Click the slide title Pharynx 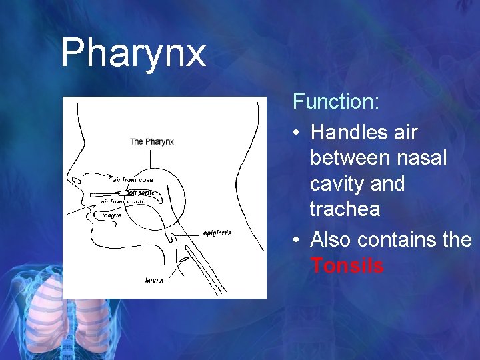133,53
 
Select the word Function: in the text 336,102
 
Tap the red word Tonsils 347,266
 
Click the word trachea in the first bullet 345,209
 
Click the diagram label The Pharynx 151,141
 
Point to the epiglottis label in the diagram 217,233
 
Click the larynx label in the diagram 154,280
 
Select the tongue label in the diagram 111,215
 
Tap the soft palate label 140,193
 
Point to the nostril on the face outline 79,181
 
